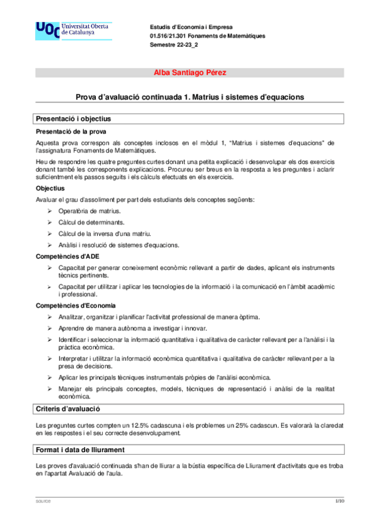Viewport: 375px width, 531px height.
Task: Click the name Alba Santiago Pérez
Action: click(190, 73)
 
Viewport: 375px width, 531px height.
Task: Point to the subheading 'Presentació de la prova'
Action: click(71, 131)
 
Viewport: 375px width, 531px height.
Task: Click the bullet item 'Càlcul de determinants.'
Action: click(91, 222)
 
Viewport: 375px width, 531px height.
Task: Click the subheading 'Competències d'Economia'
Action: click(76, 306)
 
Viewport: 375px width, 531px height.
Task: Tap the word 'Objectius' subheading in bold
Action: click(51, 188)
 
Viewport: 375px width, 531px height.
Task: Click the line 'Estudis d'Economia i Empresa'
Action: click(191, 28)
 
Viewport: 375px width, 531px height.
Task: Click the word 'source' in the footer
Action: click(43, 502)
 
